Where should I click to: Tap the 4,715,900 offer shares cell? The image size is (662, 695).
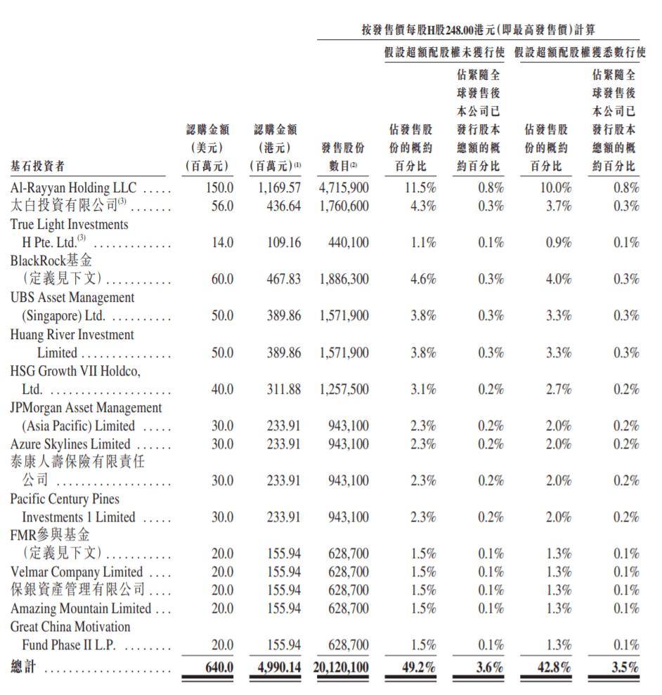pyautogui.click(x=344, y=188)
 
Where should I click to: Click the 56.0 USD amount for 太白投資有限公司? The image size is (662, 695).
pyautogui.click(x=222, y=206)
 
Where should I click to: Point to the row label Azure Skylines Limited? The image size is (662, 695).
pyautogui.click(x=70, y=444)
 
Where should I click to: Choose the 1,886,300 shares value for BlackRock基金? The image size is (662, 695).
pyautogui.click(x=344, y=279)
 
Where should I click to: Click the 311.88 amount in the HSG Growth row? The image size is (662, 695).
pyautogui.click(x=284, y=390)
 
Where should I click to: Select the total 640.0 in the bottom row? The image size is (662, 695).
pyautogui.click(x=219, y=666)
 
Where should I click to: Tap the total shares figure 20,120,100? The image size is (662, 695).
pyautogui.click(x=339, y=666)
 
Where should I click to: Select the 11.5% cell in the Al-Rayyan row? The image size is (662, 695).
pyautogui.click(x=421, y=188)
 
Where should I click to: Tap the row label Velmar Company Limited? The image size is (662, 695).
pyautogui.click(x=77, y=572)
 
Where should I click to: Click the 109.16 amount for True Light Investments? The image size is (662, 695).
pyautogui.click(x=284, y=243)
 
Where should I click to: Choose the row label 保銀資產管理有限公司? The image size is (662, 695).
pyautogui.click(x=78, y=590)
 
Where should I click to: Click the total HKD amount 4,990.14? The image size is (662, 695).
pyautogui.click(x=275, y=666)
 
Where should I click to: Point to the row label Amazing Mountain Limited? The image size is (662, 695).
pyautogui.click(x=81, y=609)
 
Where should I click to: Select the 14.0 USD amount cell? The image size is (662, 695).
pyautogui.click(x=222, y=243)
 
